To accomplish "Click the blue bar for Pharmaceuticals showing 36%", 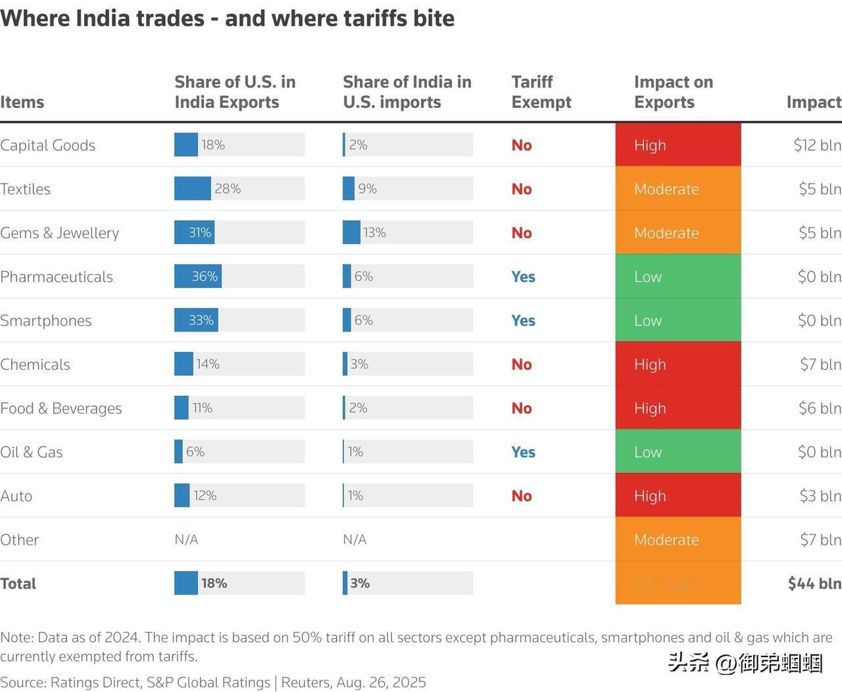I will click(198, 276).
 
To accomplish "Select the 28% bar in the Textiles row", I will click(193, 189).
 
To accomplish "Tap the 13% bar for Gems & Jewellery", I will click(352, 232).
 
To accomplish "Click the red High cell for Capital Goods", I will click(678, 145).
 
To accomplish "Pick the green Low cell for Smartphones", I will click(678, 320).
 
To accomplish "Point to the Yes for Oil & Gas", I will click(523, 452).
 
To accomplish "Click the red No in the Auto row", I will click(522, 496).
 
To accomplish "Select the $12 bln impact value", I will click(817, 145).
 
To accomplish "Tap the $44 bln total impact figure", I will click(814, 583).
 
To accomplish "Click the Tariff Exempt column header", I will click(541, 92).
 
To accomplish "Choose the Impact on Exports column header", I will click(673, 92).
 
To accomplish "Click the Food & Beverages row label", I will click(61, 408).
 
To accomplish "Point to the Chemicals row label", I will click(35, 364).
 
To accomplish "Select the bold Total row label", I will click(18, 583).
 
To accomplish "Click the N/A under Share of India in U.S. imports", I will click(355, 539).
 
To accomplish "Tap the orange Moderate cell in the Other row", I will click(678, 539).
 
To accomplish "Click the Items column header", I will click(22, 102).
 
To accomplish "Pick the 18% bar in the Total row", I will click(186, 583).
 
